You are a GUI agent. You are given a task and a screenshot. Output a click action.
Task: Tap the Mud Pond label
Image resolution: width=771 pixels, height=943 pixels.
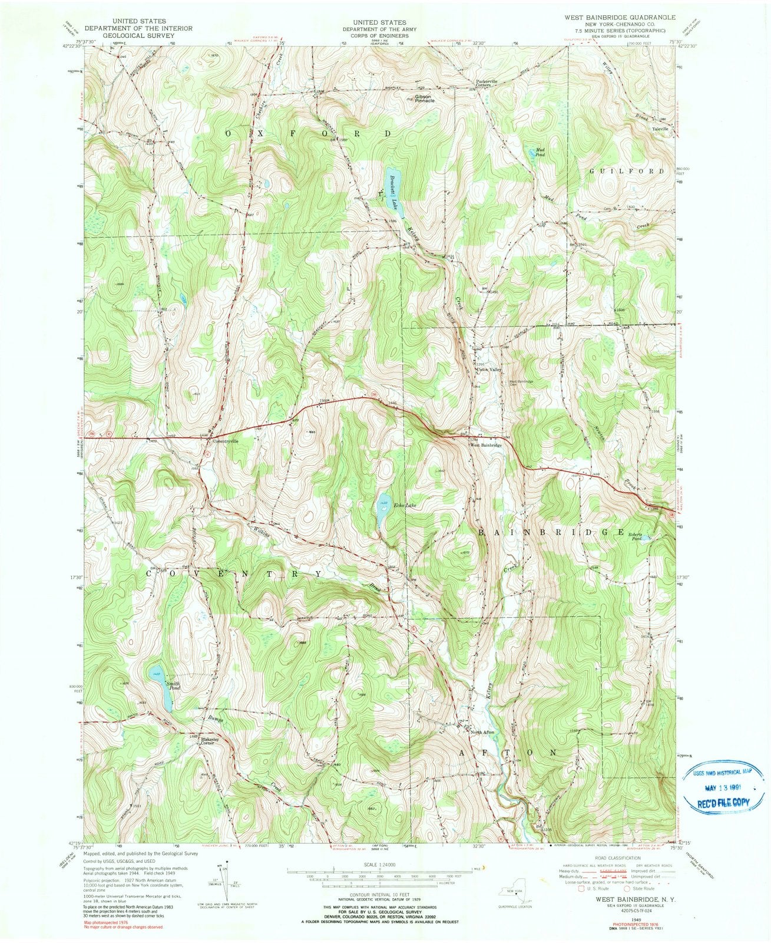pyautogui.click(x=540, y=152)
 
